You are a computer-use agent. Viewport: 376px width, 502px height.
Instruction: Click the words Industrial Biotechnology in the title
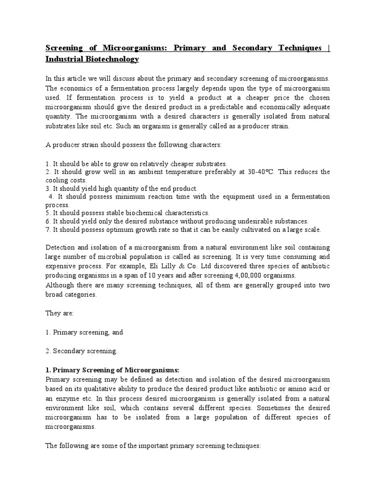92,59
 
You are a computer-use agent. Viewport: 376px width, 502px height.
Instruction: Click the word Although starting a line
61,285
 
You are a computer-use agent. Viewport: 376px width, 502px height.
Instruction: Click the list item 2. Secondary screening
82,351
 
